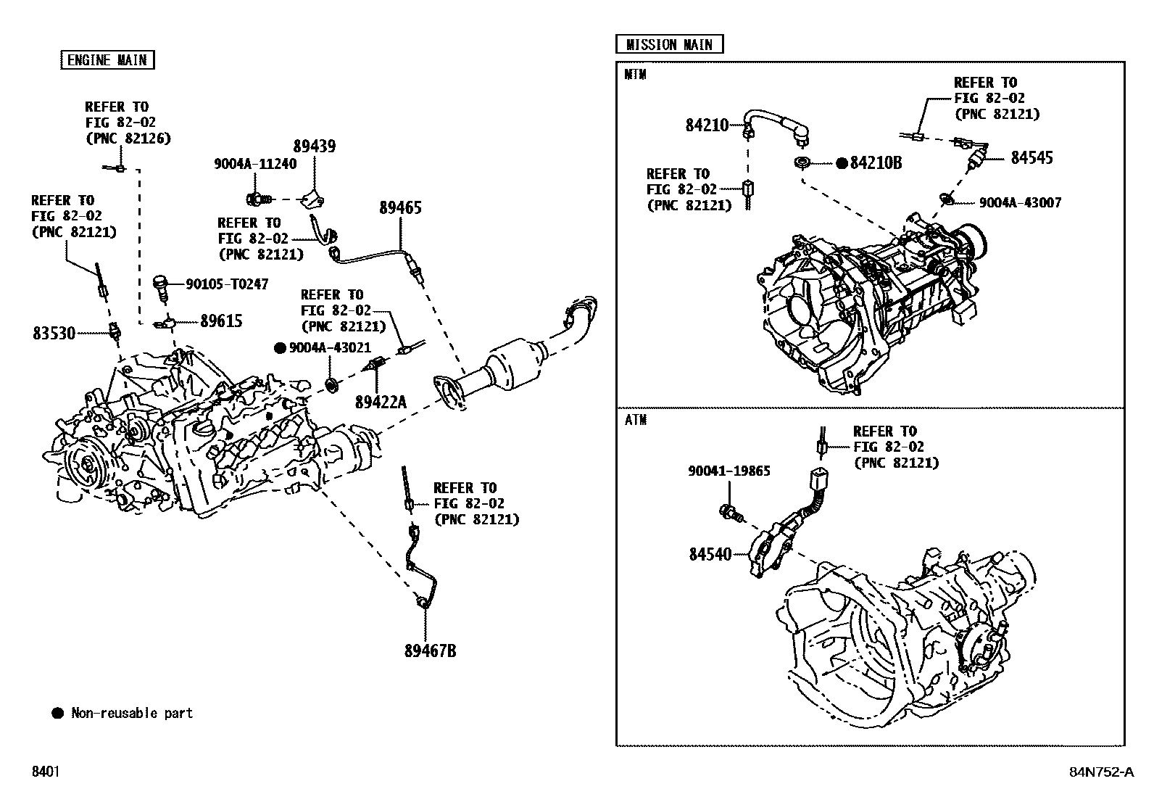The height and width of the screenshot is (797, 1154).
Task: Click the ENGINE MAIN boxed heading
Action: click(x=107, y=60)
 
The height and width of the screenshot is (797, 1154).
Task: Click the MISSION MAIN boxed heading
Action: click(x=669, y=44)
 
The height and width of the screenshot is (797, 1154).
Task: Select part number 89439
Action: click(x=315, y=147)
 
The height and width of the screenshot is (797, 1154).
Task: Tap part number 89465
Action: click(x=400, y=208)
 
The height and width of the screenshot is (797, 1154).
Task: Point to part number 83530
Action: click(x=54, y=334)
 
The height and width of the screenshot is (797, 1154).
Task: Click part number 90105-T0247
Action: click(x=227, y=284)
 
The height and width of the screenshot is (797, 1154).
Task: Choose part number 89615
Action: click(x=221, y=321)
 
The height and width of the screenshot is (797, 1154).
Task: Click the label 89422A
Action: click(x=381, y=401)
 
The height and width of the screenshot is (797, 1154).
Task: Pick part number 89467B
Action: click(x=430, y=651)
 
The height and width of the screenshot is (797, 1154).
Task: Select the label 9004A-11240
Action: click(x=255, y=164)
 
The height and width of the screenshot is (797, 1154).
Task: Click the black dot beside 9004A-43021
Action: click(x=279, y=348)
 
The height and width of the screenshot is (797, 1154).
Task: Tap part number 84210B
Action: click(x=876, y=163)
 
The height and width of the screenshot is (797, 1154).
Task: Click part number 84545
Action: click(x=1032, y=158)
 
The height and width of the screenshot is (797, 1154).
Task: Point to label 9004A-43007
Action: click(x=1020, y=203)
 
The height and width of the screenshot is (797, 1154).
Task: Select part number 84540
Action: click(x=710, y=554)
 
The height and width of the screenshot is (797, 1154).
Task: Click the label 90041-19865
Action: click(x=729, y=471)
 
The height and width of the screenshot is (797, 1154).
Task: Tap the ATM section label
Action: click(x=635, y=420)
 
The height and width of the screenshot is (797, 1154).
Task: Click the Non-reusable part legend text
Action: click(x=132, y=714)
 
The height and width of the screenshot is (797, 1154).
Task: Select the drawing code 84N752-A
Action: click(x=1101, y=772)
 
